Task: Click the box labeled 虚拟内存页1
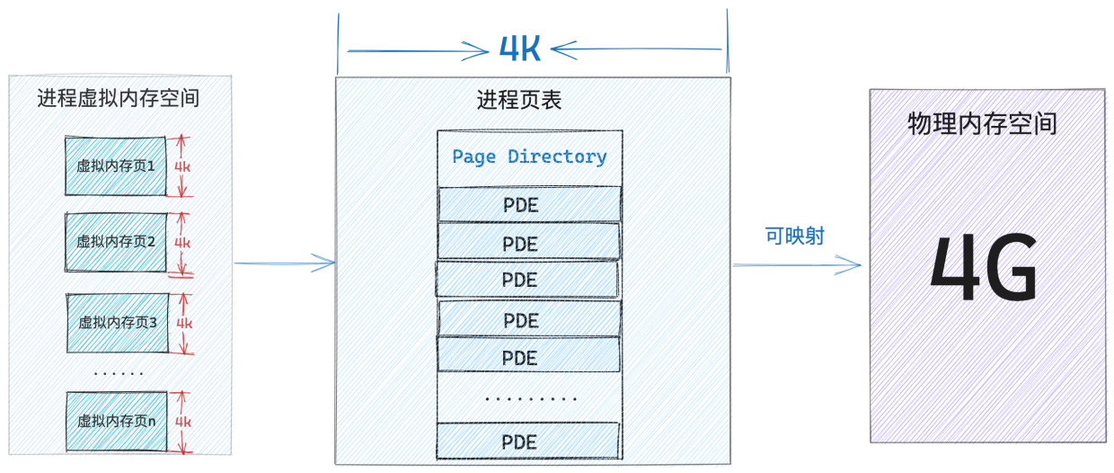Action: click(x=115, y=165)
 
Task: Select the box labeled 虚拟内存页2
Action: click(x=115, y=242)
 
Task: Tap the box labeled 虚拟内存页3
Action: click(x=118, y=323)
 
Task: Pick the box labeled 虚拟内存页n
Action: click(x=117, y=421)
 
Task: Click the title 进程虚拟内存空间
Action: click(x=119, y=98)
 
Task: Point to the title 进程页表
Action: click(x=519, y=100)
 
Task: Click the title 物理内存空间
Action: click(x=982, y=123)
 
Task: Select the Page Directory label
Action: click(x=529, y=156)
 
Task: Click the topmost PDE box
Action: click(x=530, y=204)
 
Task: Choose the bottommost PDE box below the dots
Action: click(x=528, y=442)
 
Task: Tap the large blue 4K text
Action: click(x=519, y=49)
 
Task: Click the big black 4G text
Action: click(x=984, y=267)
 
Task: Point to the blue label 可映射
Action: click(x=795, y=236)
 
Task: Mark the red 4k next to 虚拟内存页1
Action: click(x=182, y=166)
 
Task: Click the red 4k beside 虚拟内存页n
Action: click(x=183, y=423)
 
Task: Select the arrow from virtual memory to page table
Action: click(x=285, y=263)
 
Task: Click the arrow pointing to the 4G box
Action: click(x=797, y=265)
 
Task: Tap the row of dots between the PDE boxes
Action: click(x=531, y=399)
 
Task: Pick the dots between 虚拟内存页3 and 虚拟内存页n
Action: click(x=119, y=373)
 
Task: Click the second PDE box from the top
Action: click(x=528, y=243)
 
